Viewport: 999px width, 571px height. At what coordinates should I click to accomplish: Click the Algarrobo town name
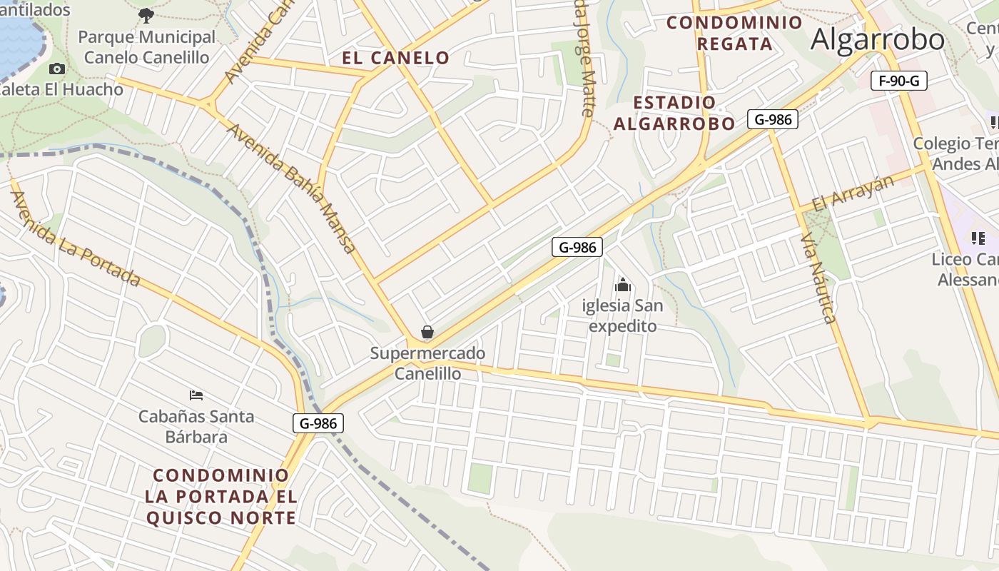pos(878,39)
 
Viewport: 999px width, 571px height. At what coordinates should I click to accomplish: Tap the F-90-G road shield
pos(899,81)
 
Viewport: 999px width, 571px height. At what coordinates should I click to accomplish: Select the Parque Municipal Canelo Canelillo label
pos(146,47)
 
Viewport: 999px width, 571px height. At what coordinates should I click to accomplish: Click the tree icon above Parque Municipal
pos(146,14)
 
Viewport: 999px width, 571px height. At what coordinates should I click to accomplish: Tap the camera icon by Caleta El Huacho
pos(57,69)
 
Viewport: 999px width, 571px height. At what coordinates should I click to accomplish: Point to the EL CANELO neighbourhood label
pos(395,59)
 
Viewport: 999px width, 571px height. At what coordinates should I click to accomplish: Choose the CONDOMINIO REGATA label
pos(734,33)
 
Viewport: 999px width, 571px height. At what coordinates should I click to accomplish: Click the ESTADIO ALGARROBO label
pos(674,113)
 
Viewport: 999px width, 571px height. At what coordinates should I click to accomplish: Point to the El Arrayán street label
pos(853,193)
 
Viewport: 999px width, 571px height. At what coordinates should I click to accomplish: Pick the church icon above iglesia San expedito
pos(623,285)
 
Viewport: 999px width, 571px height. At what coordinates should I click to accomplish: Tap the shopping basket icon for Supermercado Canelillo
pos(427,332)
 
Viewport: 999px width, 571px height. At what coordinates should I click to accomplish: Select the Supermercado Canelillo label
pos(427,363)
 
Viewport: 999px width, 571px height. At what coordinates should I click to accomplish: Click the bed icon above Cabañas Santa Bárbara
pos(196,395)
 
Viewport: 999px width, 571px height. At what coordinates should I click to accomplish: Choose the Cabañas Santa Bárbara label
pos(196,426)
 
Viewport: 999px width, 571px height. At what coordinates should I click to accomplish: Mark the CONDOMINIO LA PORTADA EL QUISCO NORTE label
pos(221,496)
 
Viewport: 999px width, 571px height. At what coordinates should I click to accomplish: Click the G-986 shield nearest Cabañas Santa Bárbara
pos(318,423)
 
